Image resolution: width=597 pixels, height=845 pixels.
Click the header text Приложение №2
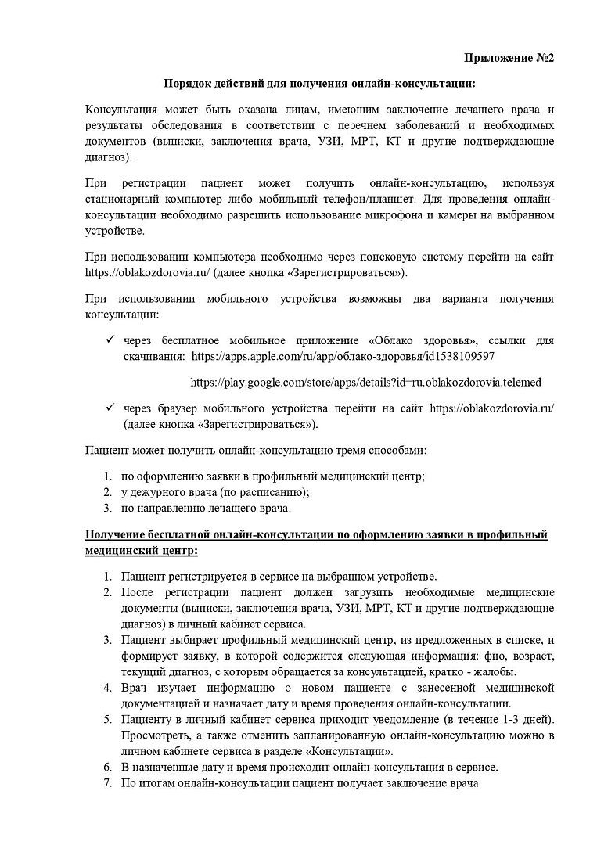pos(509,58)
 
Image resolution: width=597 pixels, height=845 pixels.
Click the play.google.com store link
pos(366,383)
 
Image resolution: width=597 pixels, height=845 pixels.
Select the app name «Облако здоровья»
pos(423,341)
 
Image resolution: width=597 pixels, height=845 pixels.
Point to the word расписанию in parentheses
pos(268,492)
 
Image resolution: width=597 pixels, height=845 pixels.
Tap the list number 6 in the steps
pos(108,767)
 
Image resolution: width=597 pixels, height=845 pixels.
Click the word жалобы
pos(496,671)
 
